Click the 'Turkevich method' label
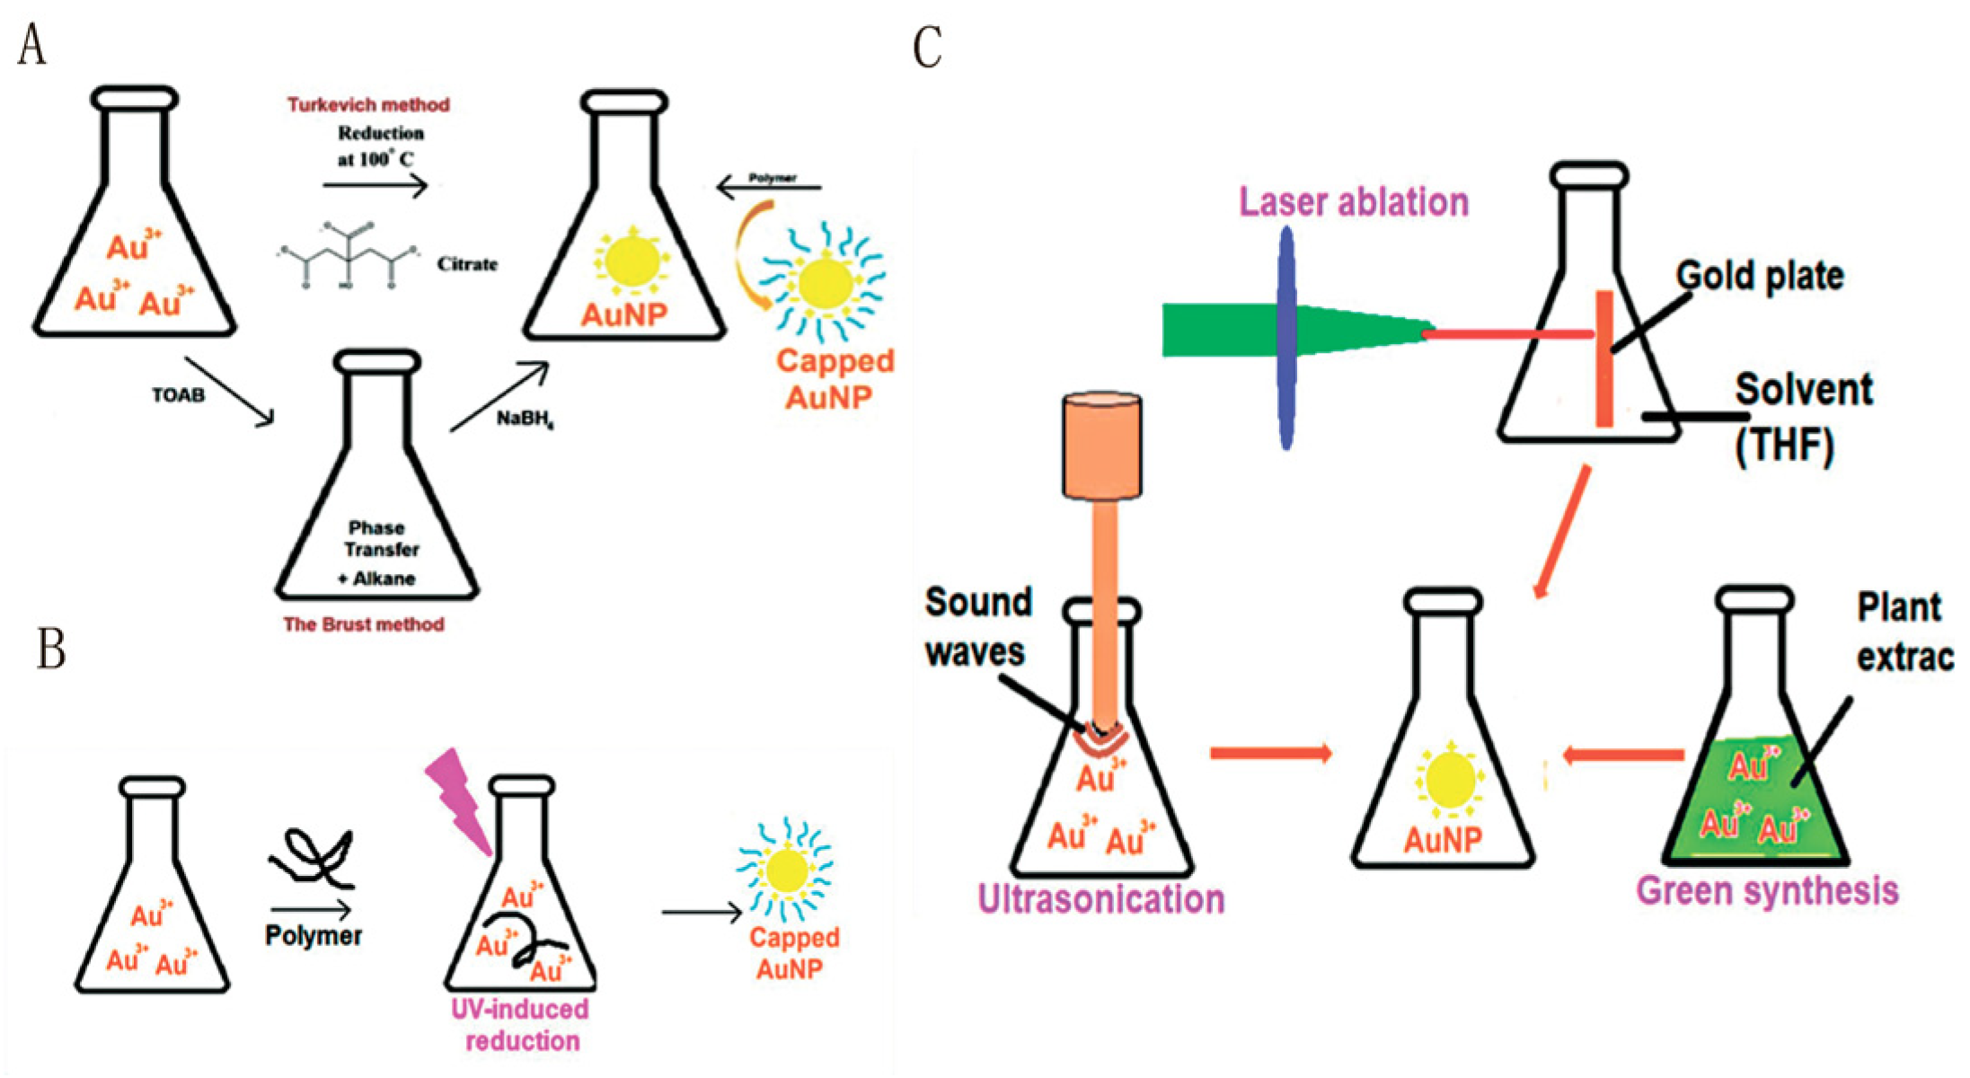368,105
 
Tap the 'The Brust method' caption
364,624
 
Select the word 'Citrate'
467,264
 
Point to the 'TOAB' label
178,395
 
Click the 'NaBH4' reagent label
525,419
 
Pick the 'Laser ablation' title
1354,202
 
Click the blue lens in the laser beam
1287,337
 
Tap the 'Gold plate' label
1759,276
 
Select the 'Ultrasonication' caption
1100,899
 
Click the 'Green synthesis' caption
1767,891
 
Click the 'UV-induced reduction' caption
520,1025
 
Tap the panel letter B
50,649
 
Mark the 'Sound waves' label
977,627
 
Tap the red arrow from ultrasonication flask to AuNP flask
1270,753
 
